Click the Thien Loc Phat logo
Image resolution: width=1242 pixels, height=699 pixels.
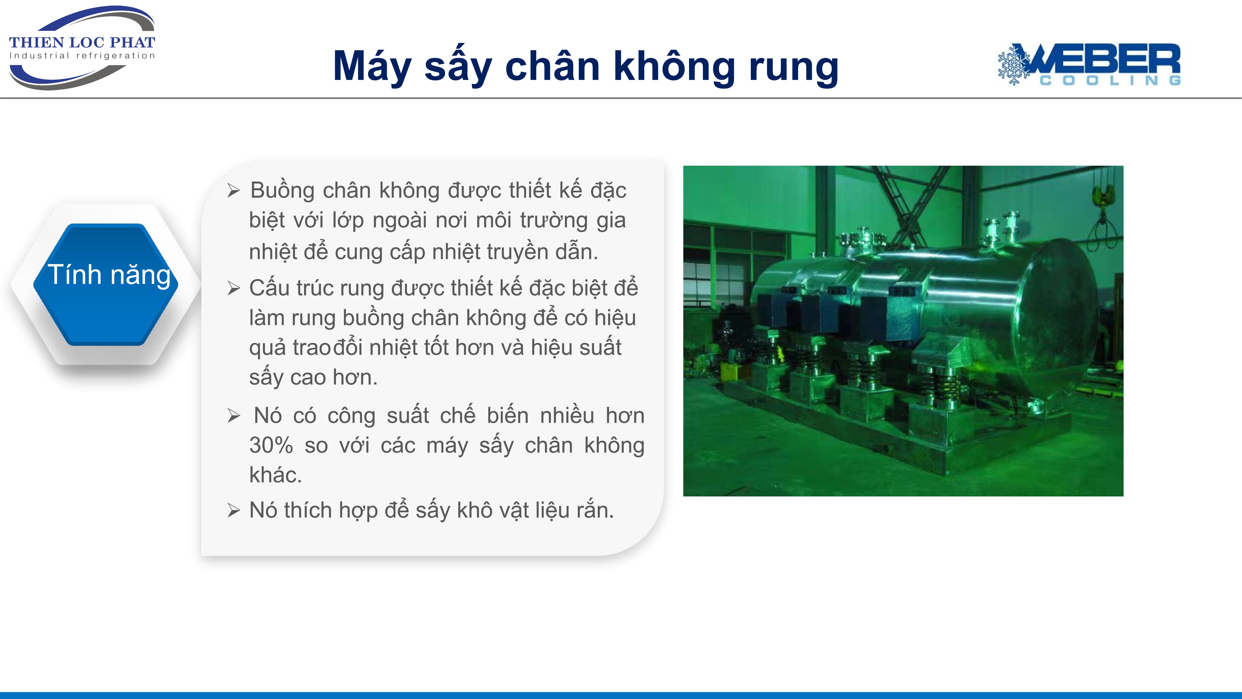click(82, 47)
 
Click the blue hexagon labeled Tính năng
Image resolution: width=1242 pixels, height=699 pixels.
click(106, 285)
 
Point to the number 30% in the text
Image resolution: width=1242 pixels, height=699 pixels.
click(271, 445)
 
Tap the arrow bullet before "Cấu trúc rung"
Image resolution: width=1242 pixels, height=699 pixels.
click(234, 289)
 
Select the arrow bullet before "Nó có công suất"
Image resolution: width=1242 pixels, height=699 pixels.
click(234, 416)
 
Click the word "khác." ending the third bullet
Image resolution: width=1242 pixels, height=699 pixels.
click(275, 475)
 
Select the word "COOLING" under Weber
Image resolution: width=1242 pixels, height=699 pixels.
click(1110, 80)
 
